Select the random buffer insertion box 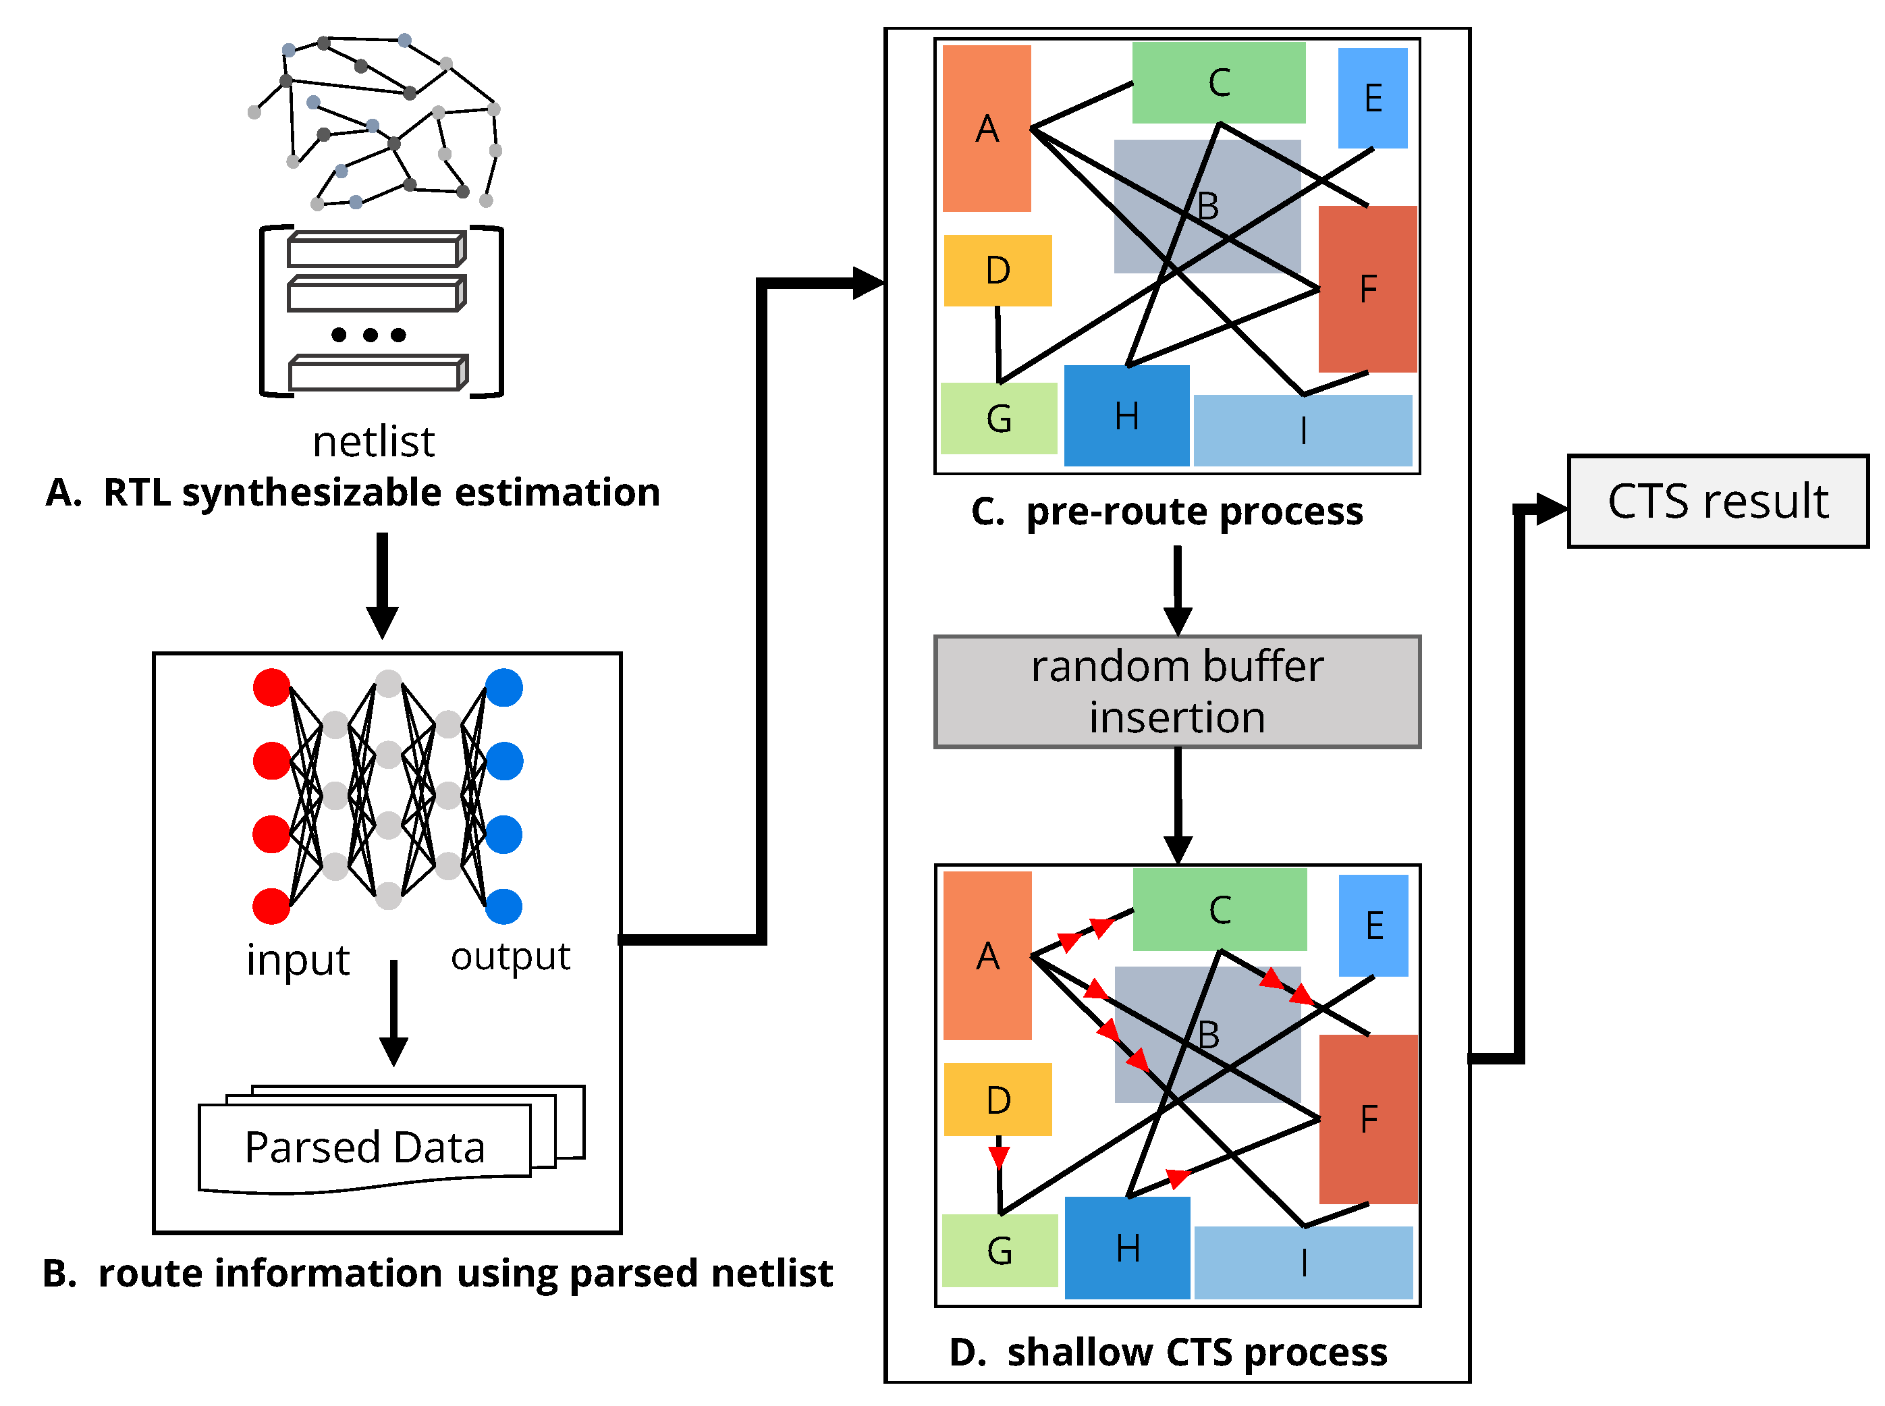click(1177, 692)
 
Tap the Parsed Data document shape click(364, 1147)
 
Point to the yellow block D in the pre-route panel click(998, 271)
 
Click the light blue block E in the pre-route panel click(1372, 98)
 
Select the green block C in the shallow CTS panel click(1220, 910)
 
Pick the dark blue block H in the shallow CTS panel click(1126, 1247)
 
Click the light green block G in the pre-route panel click(998, 418)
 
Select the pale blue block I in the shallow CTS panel click(1303, 1262)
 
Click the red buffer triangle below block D click(998, 1157)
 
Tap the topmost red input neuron click(271, 688)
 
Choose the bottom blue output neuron click(503, 907)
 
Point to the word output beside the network click(510, 956)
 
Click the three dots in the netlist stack click(368, 335)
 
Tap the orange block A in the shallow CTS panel click(987, 956)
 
